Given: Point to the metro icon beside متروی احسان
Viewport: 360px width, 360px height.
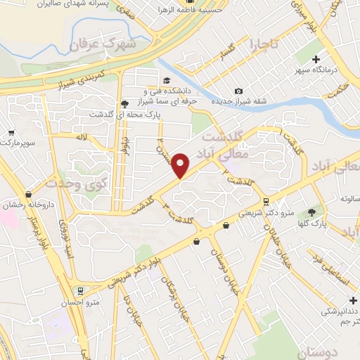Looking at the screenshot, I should pyautogui.click(x=79, y=290).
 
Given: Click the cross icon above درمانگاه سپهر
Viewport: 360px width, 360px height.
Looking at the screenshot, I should pyautogui.click(x=316, y=59).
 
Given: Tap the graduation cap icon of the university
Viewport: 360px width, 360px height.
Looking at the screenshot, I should pyautogui.click(x=166, y=81).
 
